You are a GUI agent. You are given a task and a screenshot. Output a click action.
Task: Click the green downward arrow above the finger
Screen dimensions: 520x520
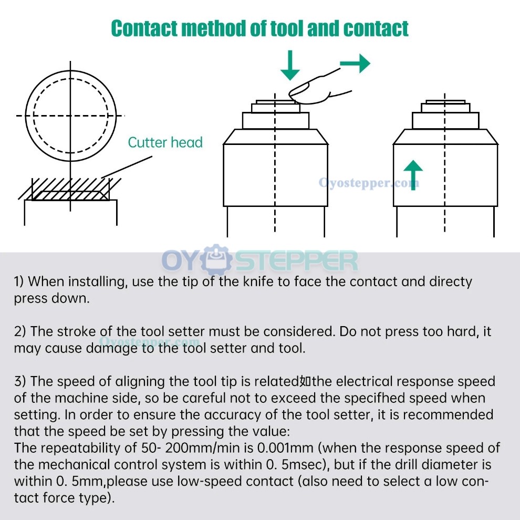tap(290, 65)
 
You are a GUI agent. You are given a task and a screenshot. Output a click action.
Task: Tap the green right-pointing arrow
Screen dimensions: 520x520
tap(355, 63)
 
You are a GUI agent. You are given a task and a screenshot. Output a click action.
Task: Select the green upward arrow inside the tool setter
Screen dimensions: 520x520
tap(413, 175)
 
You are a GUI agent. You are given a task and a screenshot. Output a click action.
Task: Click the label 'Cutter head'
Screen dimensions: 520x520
tap(165, 142)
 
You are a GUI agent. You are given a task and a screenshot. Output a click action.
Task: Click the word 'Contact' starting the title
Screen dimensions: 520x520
tap(144, 28)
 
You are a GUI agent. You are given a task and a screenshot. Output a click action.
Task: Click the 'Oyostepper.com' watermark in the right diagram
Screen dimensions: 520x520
tap(369, 183)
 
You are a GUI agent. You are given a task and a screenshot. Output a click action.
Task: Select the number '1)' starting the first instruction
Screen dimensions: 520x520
tap(19, 282)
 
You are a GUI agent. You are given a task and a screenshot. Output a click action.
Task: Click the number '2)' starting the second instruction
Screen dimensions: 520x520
tap(20, 331)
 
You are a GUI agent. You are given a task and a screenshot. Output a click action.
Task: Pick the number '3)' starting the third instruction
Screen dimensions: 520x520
tap(20, 381)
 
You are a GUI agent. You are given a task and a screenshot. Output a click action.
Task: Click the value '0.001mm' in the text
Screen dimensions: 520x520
tap(285, 448)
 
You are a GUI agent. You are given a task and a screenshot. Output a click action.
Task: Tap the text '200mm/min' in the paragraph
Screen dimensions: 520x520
tap(202, 448)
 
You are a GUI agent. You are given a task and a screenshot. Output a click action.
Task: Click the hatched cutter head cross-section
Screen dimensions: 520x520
tap(70, 190)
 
